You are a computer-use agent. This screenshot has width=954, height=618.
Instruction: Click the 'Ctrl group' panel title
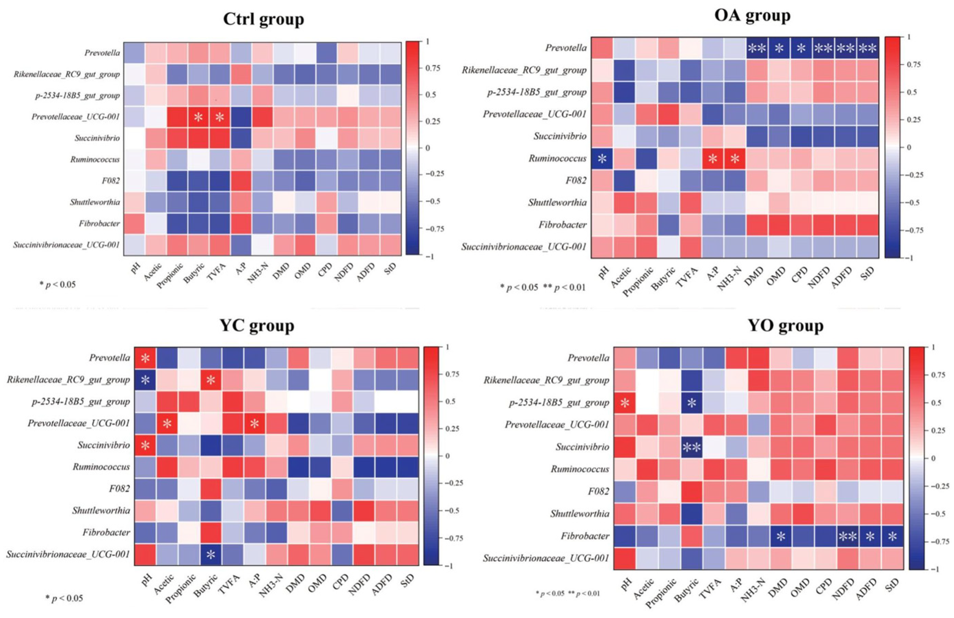pos(263,19)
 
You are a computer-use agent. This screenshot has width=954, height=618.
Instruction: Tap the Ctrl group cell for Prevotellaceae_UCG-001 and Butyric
pos(198,117)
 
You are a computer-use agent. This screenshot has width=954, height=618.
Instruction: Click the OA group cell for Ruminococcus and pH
pos(602,158)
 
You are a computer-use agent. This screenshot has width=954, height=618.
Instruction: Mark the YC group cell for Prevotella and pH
pos(145,358)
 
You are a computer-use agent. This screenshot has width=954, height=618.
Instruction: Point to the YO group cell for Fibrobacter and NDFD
pos(848,536)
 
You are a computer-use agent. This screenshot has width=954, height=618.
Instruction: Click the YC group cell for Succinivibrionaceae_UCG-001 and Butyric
pos(211,554)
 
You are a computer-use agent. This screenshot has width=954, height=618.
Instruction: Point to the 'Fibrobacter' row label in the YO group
pos(585,536)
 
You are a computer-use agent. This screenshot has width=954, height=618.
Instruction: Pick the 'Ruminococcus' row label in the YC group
pos(101,467)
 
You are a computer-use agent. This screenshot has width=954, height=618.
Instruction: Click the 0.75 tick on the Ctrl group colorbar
pos(433,68)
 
